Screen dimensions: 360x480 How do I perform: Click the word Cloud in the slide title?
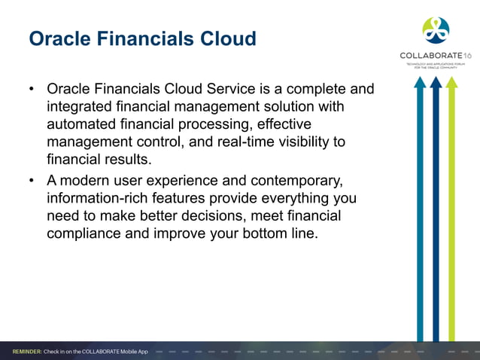(226, 38)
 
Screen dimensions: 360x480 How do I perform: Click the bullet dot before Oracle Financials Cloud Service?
(32, 90)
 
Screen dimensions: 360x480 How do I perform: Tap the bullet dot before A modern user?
(32, 182)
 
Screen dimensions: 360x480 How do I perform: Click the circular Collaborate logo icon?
(436, 30)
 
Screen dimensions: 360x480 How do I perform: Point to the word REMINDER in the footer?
(26, 352)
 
